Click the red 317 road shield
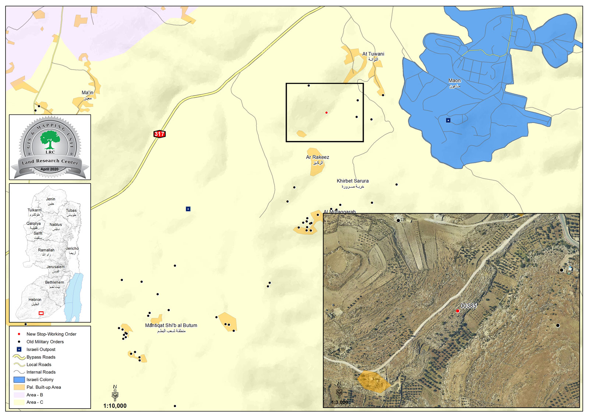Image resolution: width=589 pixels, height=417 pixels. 159,134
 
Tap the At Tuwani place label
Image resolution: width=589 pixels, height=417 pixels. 373,54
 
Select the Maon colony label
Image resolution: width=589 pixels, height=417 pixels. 455,81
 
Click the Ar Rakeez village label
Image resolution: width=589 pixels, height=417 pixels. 317,157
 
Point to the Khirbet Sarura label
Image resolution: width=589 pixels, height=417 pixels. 352,181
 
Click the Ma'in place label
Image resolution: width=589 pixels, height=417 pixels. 87,93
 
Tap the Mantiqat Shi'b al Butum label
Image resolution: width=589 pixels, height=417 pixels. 171,326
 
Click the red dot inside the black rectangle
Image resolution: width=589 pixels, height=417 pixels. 327,112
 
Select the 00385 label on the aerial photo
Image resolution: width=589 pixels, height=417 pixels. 468,306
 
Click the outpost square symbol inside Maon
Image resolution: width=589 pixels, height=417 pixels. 448,120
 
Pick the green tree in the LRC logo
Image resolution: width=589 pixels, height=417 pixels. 50,140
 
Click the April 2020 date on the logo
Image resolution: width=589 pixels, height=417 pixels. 49,169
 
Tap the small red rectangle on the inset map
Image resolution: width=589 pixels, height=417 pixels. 41,313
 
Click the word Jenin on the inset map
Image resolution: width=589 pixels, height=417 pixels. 50,199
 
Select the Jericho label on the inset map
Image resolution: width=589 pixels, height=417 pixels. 72,249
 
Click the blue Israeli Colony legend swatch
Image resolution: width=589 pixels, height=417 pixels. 19,379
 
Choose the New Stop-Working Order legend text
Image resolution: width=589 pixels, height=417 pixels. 51,334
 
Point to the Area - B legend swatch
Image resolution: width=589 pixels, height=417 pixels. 19,395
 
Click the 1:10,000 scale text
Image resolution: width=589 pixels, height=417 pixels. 115,406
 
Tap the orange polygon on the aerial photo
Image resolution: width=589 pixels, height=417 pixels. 373,381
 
